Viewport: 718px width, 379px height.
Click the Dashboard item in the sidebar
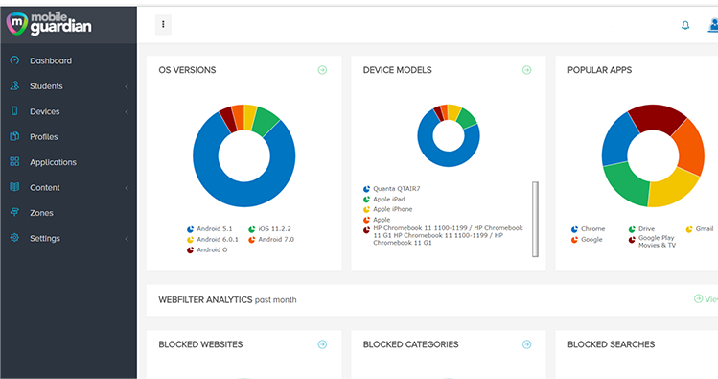tap(50, 61)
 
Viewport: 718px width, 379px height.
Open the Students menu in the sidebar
tap(46, 86)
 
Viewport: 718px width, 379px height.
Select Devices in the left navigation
tap(44, 111)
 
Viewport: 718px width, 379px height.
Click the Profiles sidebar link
tap(43, 137)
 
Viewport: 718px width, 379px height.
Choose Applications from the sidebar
tap(53, 162)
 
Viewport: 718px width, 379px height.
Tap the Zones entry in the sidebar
tap(41, 213)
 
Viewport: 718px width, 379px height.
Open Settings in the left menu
tap(44, 238)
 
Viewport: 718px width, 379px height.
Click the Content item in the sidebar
tap(44, 188)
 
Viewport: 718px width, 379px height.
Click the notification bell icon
tap(685, 25)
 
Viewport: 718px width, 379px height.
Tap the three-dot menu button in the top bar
tap(163, 25)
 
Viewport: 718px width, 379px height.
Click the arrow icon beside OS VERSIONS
tap(323, 70)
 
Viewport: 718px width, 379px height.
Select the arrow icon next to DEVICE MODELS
tap(527, 70)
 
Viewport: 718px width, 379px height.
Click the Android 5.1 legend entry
tap(212, 229)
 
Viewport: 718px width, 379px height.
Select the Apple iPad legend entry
tap(388, 199)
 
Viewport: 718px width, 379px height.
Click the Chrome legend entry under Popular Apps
tap(591, 229)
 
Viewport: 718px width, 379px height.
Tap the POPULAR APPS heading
tap(599, 70)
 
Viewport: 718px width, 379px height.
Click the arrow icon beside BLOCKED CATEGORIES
tap(527, 344)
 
